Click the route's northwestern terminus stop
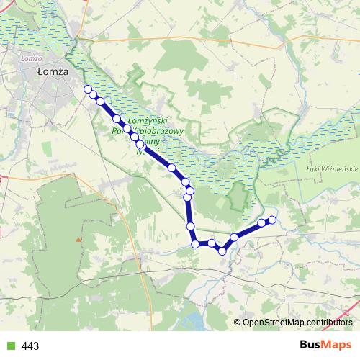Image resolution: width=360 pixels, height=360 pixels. (89, 89)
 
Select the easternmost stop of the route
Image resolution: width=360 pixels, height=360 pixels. (272, 220)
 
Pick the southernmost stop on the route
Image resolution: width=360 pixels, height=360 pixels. (223, 251)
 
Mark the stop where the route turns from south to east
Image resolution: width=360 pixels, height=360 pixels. (195, 244)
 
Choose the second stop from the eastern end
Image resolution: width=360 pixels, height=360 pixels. (261, 223)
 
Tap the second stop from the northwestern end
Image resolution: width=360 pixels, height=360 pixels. (94, 94)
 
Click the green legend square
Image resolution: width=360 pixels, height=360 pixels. (9, 346)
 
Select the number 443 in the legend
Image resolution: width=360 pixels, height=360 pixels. (30, 346)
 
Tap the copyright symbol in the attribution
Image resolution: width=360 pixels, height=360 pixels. (238, 322)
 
